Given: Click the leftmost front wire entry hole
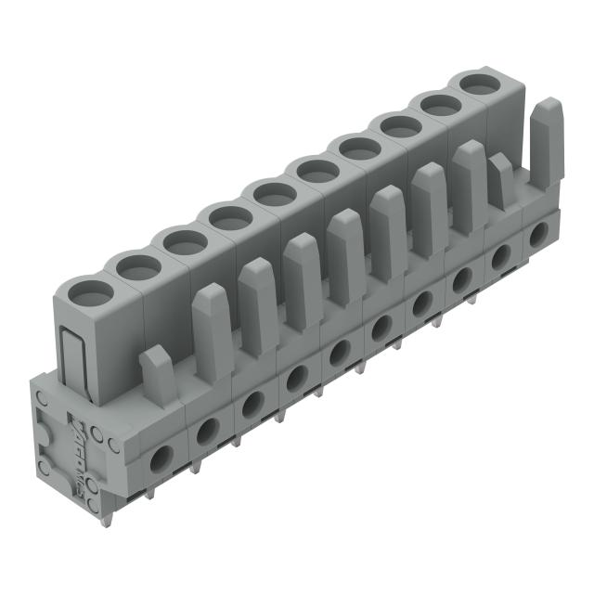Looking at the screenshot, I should pos(162,456).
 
